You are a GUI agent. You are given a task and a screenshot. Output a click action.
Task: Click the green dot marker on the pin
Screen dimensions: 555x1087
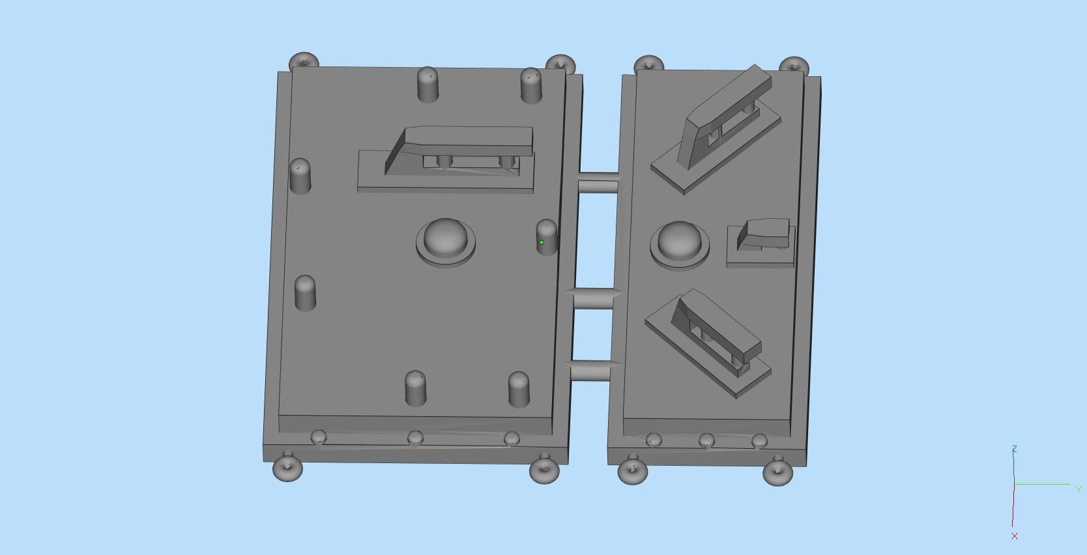click(x=542, y=242)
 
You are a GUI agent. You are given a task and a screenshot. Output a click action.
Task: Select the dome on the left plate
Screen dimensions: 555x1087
click(x=446, y=238)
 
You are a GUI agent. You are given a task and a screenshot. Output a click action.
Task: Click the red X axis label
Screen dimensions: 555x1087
click(x=1015, y=536)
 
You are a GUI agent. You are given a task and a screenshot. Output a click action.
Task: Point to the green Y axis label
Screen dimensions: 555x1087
click(x=1079, y=489)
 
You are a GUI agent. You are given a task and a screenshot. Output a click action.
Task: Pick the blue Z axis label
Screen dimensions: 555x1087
click(x=1015, y=449)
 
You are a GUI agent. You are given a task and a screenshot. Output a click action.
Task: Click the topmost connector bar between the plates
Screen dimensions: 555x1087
click(x=598, y=184)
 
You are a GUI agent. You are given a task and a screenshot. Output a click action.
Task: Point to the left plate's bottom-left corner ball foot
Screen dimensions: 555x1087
click(x=287, y=468)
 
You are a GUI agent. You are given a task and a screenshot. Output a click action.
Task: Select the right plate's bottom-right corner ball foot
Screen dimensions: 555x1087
click(x=777, y=472)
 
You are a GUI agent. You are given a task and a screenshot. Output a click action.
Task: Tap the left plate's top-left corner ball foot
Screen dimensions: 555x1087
click(x=304, y=62)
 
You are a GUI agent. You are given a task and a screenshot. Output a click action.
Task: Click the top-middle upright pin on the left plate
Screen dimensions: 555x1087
click(x=428, y=84)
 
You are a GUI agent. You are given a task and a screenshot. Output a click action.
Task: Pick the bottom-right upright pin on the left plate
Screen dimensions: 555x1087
click(x=519, y=389)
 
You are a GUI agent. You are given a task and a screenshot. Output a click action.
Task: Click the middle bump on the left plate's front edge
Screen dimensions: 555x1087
click(x=415, y=438)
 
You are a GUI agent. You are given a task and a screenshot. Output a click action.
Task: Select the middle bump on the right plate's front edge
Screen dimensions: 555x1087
click(x=706, y=442)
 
